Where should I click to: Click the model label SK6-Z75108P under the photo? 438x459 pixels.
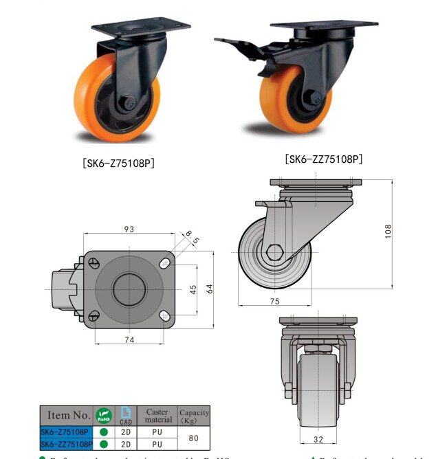click(118, 164)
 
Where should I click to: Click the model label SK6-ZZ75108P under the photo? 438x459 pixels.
click(323, 159)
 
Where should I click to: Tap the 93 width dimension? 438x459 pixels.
click(129, 229)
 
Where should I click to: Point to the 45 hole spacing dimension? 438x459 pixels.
click(194, 289)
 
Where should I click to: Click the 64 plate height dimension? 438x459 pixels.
click(210, 289)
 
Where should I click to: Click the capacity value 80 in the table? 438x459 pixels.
click(194, 438)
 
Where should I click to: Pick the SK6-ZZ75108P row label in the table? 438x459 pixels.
click(66, 444)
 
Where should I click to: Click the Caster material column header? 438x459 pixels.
click(158, 416)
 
